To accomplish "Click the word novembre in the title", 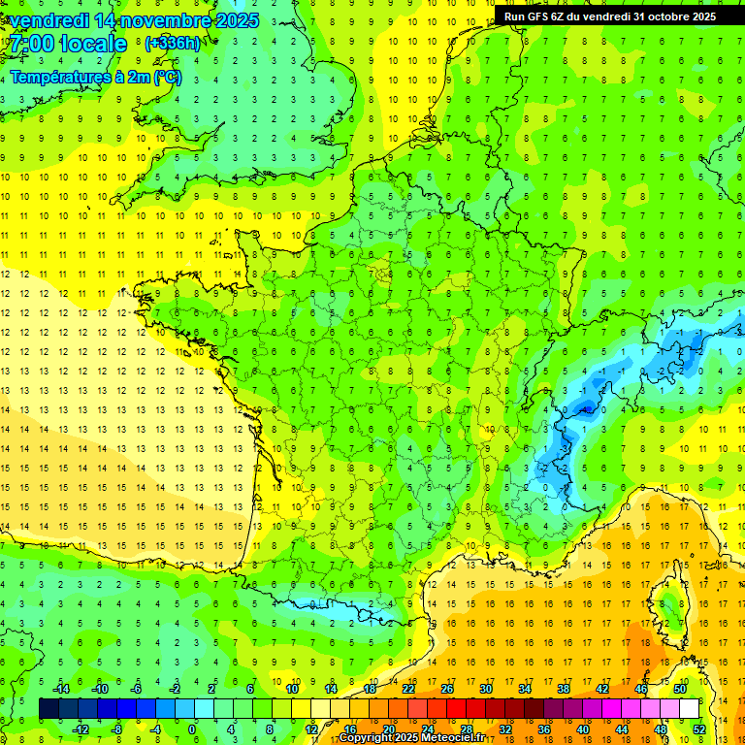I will coord(168,20).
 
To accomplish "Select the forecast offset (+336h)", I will coord(173,44).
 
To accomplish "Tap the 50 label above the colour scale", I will coord(680,689).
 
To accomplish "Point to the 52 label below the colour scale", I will coord(699,729).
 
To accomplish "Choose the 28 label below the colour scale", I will coord(467,729).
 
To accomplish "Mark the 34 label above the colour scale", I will coord(525,689).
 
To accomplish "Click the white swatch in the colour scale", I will coord(689,709).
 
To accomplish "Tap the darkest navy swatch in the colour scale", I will coord(49,709).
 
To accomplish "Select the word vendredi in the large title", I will coord(51,20).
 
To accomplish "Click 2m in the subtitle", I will coord(142,77).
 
